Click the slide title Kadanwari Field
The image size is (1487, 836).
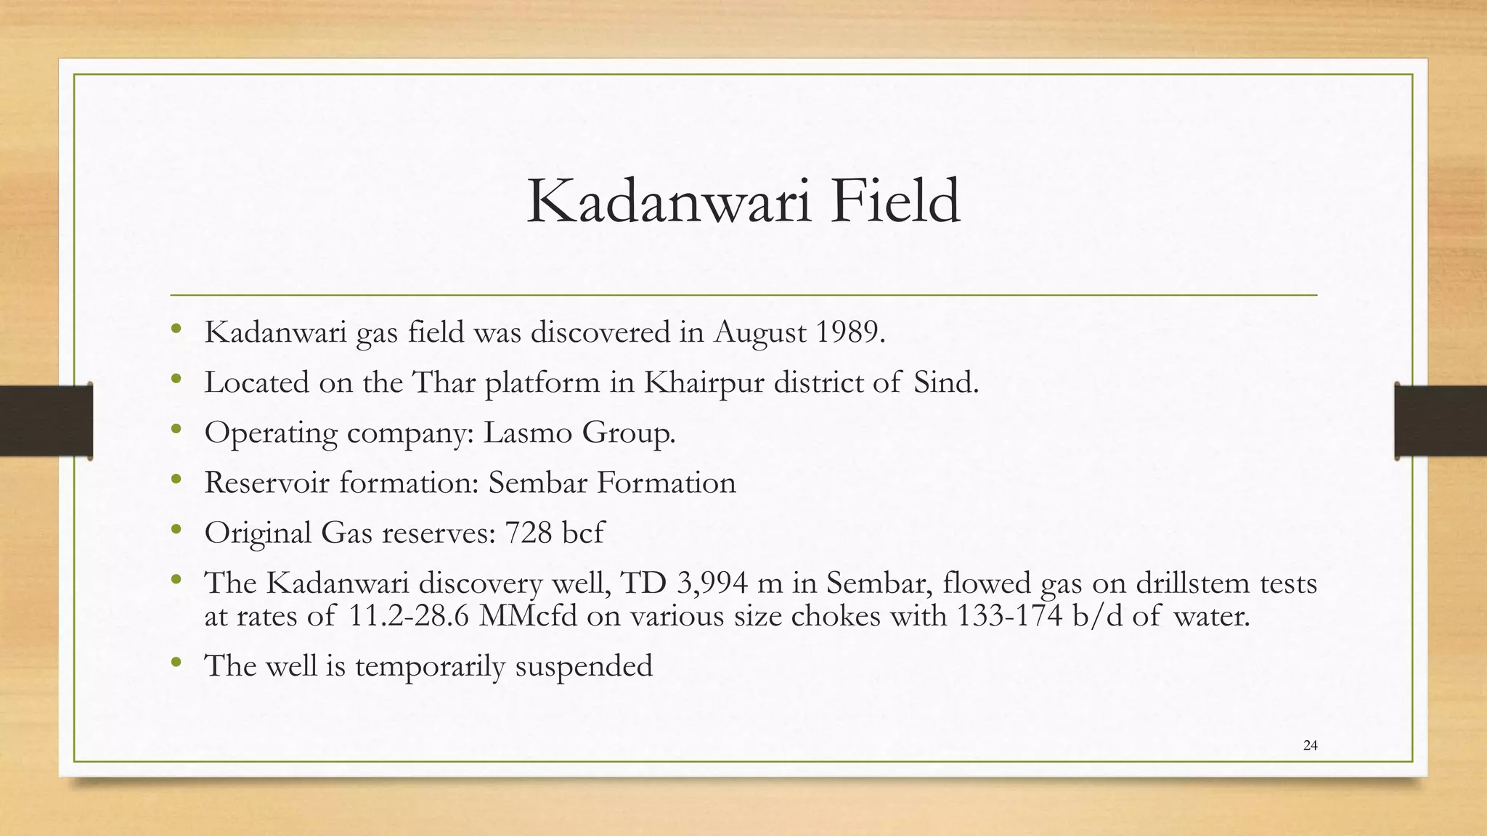(x=743, y=202)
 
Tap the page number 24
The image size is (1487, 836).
(x=1310, y=745)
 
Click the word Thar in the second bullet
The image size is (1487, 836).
(x=444, y=382)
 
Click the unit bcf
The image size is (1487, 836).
(x=582, y=533)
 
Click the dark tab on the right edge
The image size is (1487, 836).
(x=1441, y=421)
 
